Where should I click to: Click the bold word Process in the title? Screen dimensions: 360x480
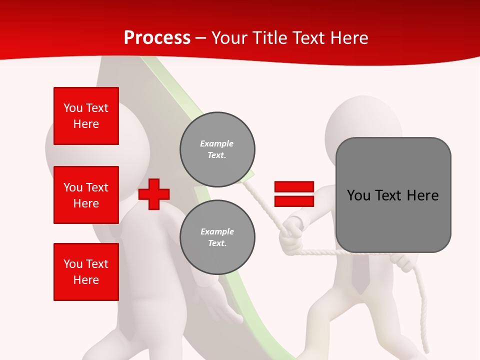coord(157,38)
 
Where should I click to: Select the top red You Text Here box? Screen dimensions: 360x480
coord(86,116)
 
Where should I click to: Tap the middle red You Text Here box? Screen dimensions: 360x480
coord(86,195)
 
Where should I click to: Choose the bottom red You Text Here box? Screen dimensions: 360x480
coord(86,272)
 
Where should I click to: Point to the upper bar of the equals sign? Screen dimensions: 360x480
coord(294,187)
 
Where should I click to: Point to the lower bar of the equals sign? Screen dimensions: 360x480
coord(294,201)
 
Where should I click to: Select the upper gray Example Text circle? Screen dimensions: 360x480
coord(217,149)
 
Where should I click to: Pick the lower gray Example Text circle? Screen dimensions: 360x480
coord(217,237)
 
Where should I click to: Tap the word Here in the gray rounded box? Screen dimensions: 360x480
coord(422,195)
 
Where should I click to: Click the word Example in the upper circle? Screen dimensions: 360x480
coord(217,143)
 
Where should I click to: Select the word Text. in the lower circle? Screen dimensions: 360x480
coord(217,243)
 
